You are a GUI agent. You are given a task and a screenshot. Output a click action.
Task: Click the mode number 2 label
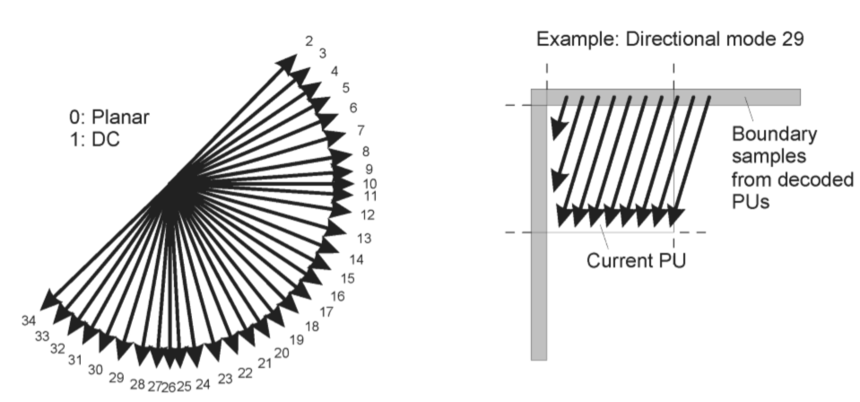pos(309,40)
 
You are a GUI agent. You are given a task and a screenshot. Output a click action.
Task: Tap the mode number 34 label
pos(29,320)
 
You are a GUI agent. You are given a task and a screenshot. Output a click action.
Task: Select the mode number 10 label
pos(369,184)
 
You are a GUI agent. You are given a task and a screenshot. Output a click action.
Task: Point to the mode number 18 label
pos(311,327)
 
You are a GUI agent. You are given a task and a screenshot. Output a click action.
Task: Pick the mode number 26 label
pos(169,388)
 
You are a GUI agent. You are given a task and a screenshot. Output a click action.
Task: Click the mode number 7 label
pos(361,131)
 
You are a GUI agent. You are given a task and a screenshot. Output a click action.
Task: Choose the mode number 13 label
pos(363,239)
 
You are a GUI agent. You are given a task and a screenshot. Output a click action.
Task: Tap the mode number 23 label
pos(225,379)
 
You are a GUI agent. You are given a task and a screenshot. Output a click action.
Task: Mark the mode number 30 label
pos(95,371)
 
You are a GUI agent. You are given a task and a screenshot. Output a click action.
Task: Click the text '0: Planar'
pos(109,117)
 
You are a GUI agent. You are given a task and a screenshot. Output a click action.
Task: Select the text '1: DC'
pos(94,139)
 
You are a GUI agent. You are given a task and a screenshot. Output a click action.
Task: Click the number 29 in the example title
pos(793,39)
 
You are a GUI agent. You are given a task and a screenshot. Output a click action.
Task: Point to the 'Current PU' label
pos(636,260)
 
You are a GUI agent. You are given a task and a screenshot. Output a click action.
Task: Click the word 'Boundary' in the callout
pos(775,134)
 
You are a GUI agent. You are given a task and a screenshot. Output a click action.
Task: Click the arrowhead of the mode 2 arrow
pos(287,63)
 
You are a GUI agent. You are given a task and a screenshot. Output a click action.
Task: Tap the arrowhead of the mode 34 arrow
pos(50,300)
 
